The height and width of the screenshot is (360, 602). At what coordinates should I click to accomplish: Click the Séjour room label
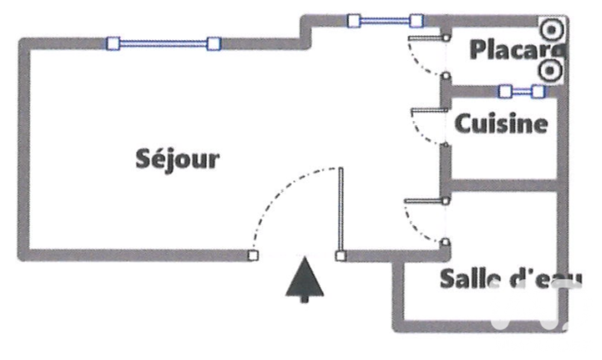pos(178,159)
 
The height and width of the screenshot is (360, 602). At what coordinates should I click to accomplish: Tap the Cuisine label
pos(501,123)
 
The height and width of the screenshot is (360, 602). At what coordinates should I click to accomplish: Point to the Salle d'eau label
pos(510,279)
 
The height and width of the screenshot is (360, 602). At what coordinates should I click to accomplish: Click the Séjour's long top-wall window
pos(164,44)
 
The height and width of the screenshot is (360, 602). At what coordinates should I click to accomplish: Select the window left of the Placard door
pos(385,20)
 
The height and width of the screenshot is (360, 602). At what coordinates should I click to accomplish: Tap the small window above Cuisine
pos(521,92)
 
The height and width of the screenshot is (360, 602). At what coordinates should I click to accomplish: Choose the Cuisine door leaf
pos(429,111)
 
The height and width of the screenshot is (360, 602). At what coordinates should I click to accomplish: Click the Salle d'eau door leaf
pos(424,200)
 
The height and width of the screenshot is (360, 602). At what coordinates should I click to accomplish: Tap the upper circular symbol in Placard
pos(551,29)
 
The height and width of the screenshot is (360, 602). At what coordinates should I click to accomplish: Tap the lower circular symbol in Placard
pos(550,70)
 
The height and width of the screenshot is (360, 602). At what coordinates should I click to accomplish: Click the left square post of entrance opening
pos(253,255)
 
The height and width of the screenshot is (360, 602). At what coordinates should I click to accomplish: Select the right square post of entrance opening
pos(341,256)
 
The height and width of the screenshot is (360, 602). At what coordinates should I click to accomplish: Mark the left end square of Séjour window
pos(113,44)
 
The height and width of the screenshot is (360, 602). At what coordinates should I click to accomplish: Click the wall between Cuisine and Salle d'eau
pos(503,185)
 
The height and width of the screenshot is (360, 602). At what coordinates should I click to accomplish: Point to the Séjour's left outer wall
pos(24,149)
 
